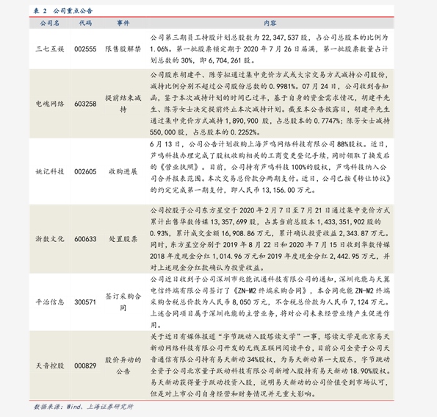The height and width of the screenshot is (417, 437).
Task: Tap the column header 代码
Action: tap(85, 24)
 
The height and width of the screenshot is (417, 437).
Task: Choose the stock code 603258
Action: tap(85, 104)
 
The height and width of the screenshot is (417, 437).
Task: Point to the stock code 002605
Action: tap(85, 171)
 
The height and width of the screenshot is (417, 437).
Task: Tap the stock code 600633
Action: tap(85, 239)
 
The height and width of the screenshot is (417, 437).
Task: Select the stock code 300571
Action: tap(85, 302)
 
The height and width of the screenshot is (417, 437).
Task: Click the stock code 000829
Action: tap(85, 365)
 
